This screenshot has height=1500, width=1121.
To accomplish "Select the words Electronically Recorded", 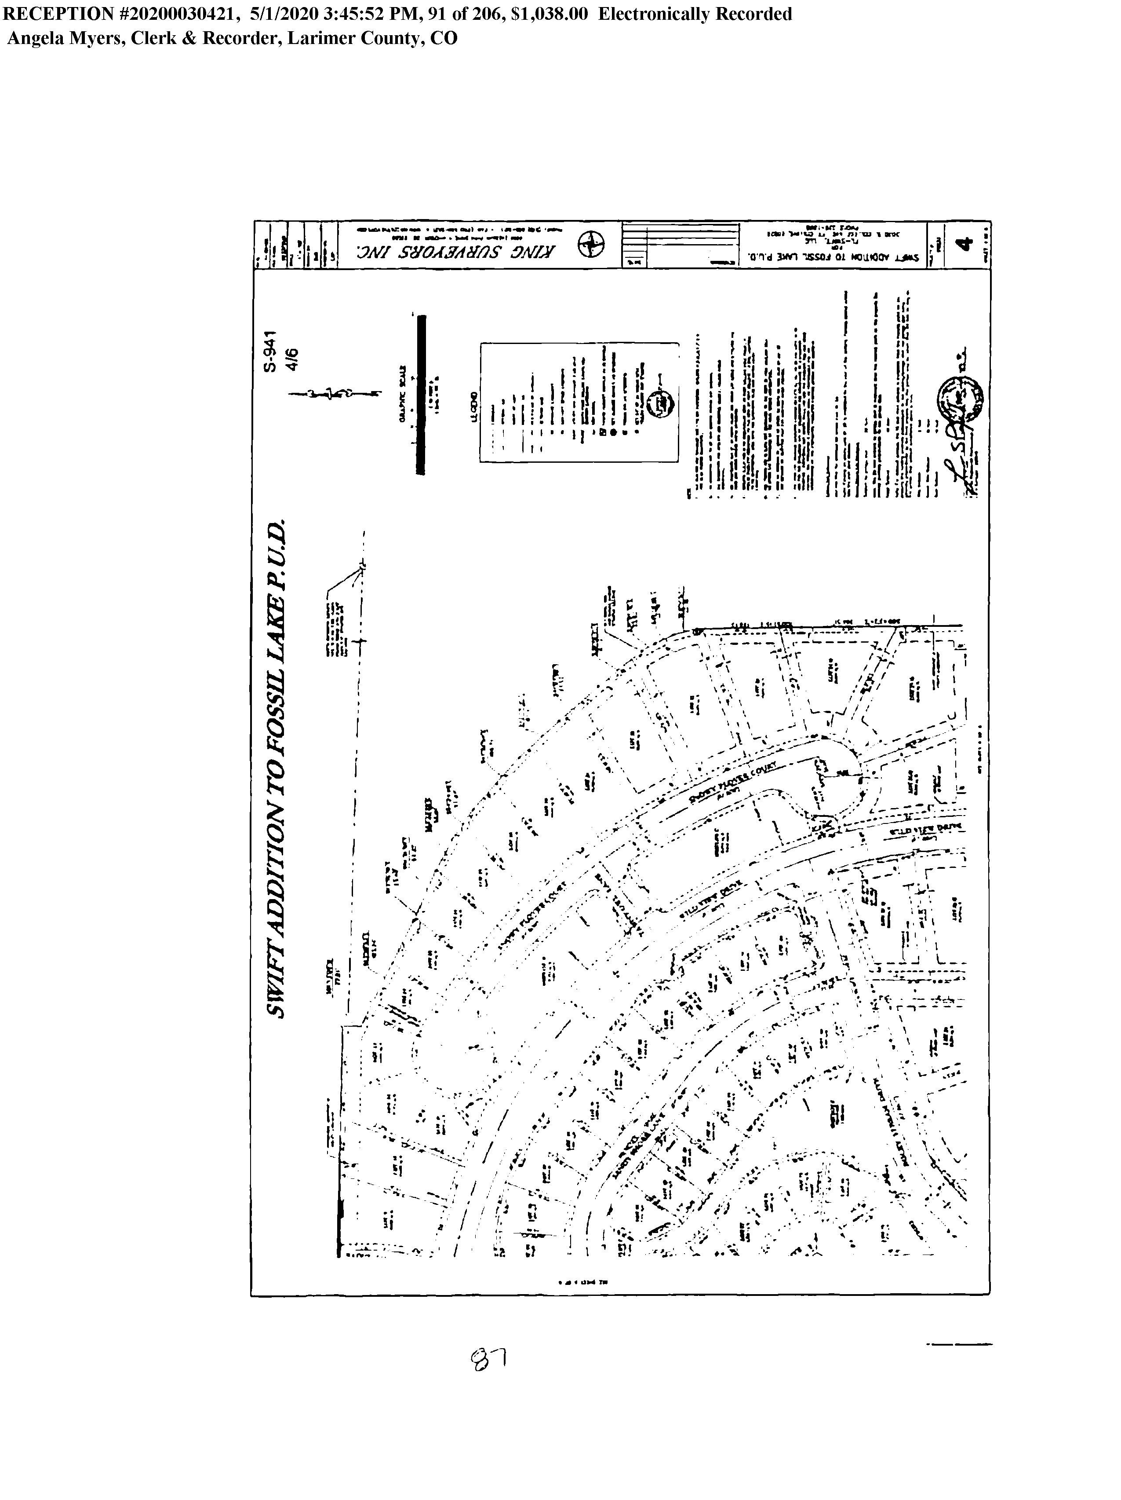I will click(695, 14).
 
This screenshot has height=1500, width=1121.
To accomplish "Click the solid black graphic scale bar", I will click(421, 394).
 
